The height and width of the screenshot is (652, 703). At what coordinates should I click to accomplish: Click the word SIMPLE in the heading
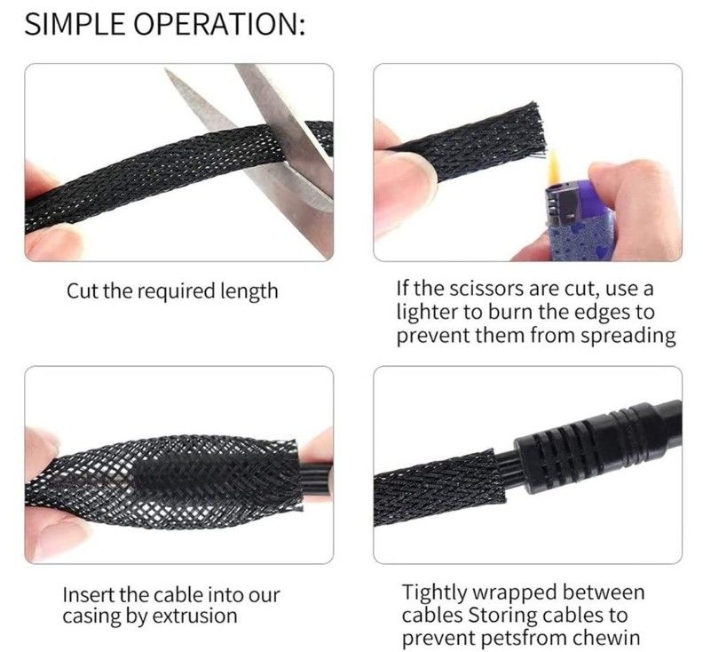tap(75, 24)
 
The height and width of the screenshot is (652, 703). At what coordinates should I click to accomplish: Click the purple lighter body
tap(577, 220)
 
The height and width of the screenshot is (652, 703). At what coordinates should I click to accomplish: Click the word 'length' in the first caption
tap(249, 291)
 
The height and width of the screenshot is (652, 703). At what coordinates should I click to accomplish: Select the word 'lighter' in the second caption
tap(425, 312)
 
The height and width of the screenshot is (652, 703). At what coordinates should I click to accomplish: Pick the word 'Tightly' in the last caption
tap(434, 593)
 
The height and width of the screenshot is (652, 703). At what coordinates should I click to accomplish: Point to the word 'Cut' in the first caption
tap(83, 290)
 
